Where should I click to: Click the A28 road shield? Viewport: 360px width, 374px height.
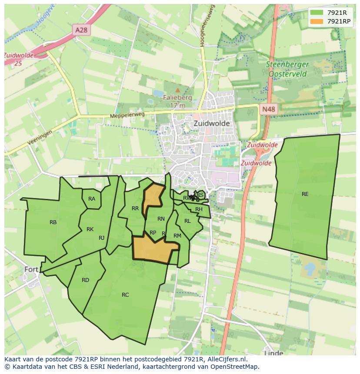coord(81,30)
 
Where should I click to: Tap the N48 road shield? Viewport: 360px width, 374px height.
coord(268,109)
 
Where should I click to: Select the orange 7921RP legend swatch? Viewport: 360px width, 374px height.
coord(317,21)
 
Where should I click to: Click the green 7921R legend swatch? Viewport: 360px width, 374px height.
coord(317,13)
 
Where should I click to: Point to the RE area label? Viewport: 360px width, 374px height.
coord(305,194)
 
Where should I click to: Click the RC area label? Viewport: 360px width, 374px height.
coord(125,295)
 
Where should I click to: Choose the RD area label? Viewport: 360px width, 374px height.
coord(85,280)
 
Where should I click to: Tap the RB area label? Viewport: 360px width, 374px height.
coord(53,222)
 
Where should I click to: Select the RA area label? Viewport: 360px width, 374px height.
coord(92,199)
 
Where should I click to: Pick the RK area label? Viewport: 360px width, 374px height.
coord(90,229)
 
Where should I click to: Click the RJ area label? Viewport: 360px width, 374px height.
coord(101,238)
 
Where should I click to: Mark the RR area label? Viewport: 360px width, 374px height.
coord(135,209)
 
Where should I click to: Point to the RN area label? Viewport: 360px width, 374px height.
coord(161,219)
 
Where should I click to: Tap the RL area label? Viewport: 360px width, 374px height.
coord(187,221)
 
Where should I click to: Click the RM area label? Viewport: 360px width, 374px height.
coord(177,236)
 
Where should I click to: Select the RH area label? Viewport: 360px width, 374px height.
coord(199,209)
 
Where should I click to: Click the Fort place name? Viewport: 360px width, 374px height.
coord(31,269)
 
